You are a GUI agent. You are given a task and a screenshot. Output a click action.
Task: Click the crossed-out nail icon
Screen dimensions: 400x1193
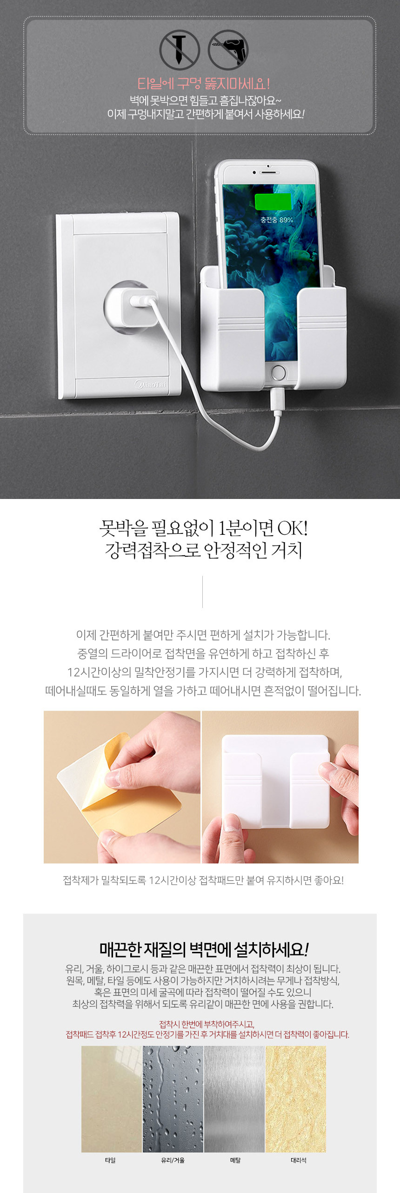tap(180, 50)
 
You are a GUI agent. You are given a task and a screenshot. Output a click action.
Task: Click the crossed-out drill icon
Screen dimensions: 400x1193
tap(228, 50)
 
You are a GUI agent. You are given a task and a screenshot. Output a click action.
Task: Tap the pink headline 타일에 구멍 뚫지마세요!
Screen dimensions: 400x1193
tap(204, 84)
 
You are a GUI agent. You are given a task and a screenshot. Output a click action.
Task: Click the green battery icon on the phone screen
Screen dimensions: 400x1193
tap(273, 202)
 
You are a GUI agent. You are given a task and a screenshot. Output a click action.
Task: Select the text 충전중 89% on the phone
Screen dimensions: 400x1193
tap(276, 220)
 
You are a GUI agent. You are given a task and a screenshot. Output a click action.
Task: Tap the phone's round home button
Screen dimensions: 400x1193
tap(278, 373)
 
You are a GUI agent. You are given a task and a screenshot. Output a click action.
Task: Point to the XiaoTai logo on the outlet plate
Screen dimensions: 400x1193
tap(150, 384)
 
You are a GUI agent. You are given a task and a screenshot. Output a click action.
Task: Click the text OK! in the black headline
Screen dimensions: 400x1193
tap(292, 528)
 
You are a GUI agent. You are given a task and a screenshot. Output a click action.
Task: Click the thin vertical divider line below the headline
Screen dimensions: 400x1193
tap(202, 592)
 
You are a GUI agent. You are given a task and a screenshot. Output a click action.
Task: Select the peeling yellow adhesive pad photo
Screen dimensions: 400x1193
tap(122, 787)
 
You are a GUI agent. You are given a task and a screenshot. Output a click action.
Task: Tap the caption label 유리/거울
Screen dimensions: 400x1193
tap(173, 1160)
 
